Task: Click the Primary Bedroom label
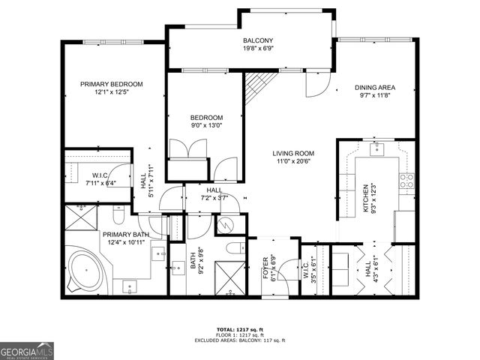tap(111, 84)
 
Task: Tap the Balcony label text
tap(257, 40)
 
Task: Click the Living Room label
tap(292, 153)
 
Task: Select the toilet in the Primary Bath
tap(118, 217)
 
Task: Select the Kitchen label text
tap(367, 199)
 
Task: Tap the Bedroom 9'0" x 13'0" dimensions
tap(206, 126)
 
